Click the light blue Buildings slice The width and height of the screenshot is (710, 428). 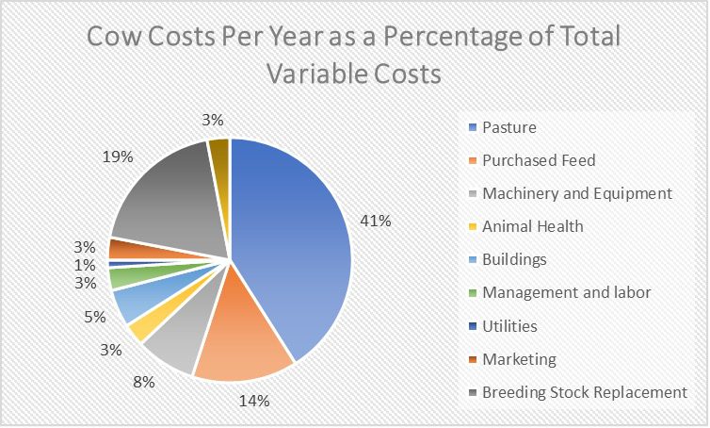[x=131, y=304]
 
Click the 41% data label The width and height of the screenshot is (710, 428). [x=375, y=221]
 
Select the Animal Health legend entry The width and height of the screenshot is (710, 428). [x=533, y=226]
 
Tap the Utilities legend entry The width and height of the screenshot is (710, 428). [x=509, y=326]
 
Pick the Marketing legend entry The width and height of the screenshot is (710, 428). [x=519, y=359]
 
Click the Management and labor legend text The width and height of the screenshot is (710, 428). [x=566, y=293]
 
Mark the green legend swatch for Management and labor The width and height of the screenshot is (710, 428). [x=471, y=293]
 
